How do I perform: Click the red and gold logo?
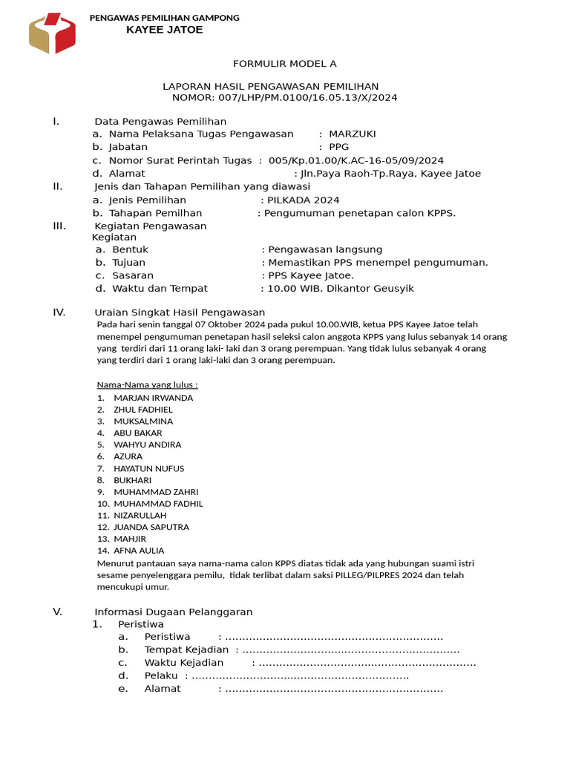[52, 33]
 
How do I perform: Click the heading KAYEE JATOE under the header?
[164, 30]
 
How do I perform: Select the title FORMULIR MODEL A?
[284, 64]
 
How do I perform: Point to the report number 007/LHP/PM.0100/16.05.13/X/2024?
[307, 97]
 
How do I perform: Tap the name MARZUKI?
[352, 134]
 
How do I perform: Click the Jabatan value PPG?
[338, 147]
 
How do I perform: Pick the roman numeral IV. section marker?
[59, 312]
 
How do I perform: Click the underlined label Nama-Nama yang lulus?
[147, 384]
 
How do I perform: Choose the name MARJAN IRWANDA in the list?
[153, 398]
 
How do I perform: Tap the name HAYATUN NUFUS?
[148, 468]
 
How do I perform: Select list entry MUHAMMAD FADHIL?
[158, 503]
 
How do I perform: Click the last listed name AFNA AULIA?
[139, 551]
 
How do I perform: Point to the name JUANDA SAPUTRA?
[151, 527]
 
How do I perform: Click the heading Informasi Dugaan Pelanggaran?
[174, 612]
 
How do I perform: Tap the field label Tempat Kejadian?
[186, 649]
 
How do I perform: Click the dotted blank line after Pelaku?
[300, 675]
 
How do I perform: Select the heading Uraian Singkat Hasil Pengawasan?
[180, 312]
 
